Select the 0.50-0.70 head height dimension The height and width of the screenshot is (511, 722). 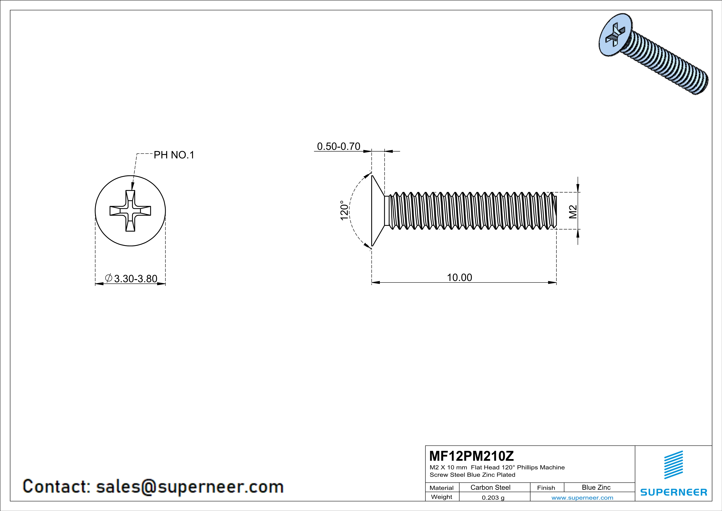coord(338,146)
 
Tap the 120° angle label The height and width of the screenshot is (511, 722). coord(344,211)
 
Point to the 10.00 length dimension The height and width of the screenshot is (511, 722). coord(460,278)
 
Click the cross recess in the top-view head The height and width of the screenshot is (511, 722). coord(130,211)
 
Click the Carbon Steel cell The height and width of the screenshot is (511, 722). coord(490,487)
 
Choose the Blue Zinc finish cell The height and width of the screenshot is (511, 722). coord(596,487)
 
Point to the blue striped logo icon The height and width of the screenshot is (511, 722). coord(673,465)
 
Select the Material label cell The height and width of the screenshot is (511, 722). coord(442,488)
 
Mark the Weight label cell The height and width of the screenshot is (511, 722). coord(442,497)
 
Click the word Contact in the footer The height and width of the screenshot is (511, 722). coord(56,486)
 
